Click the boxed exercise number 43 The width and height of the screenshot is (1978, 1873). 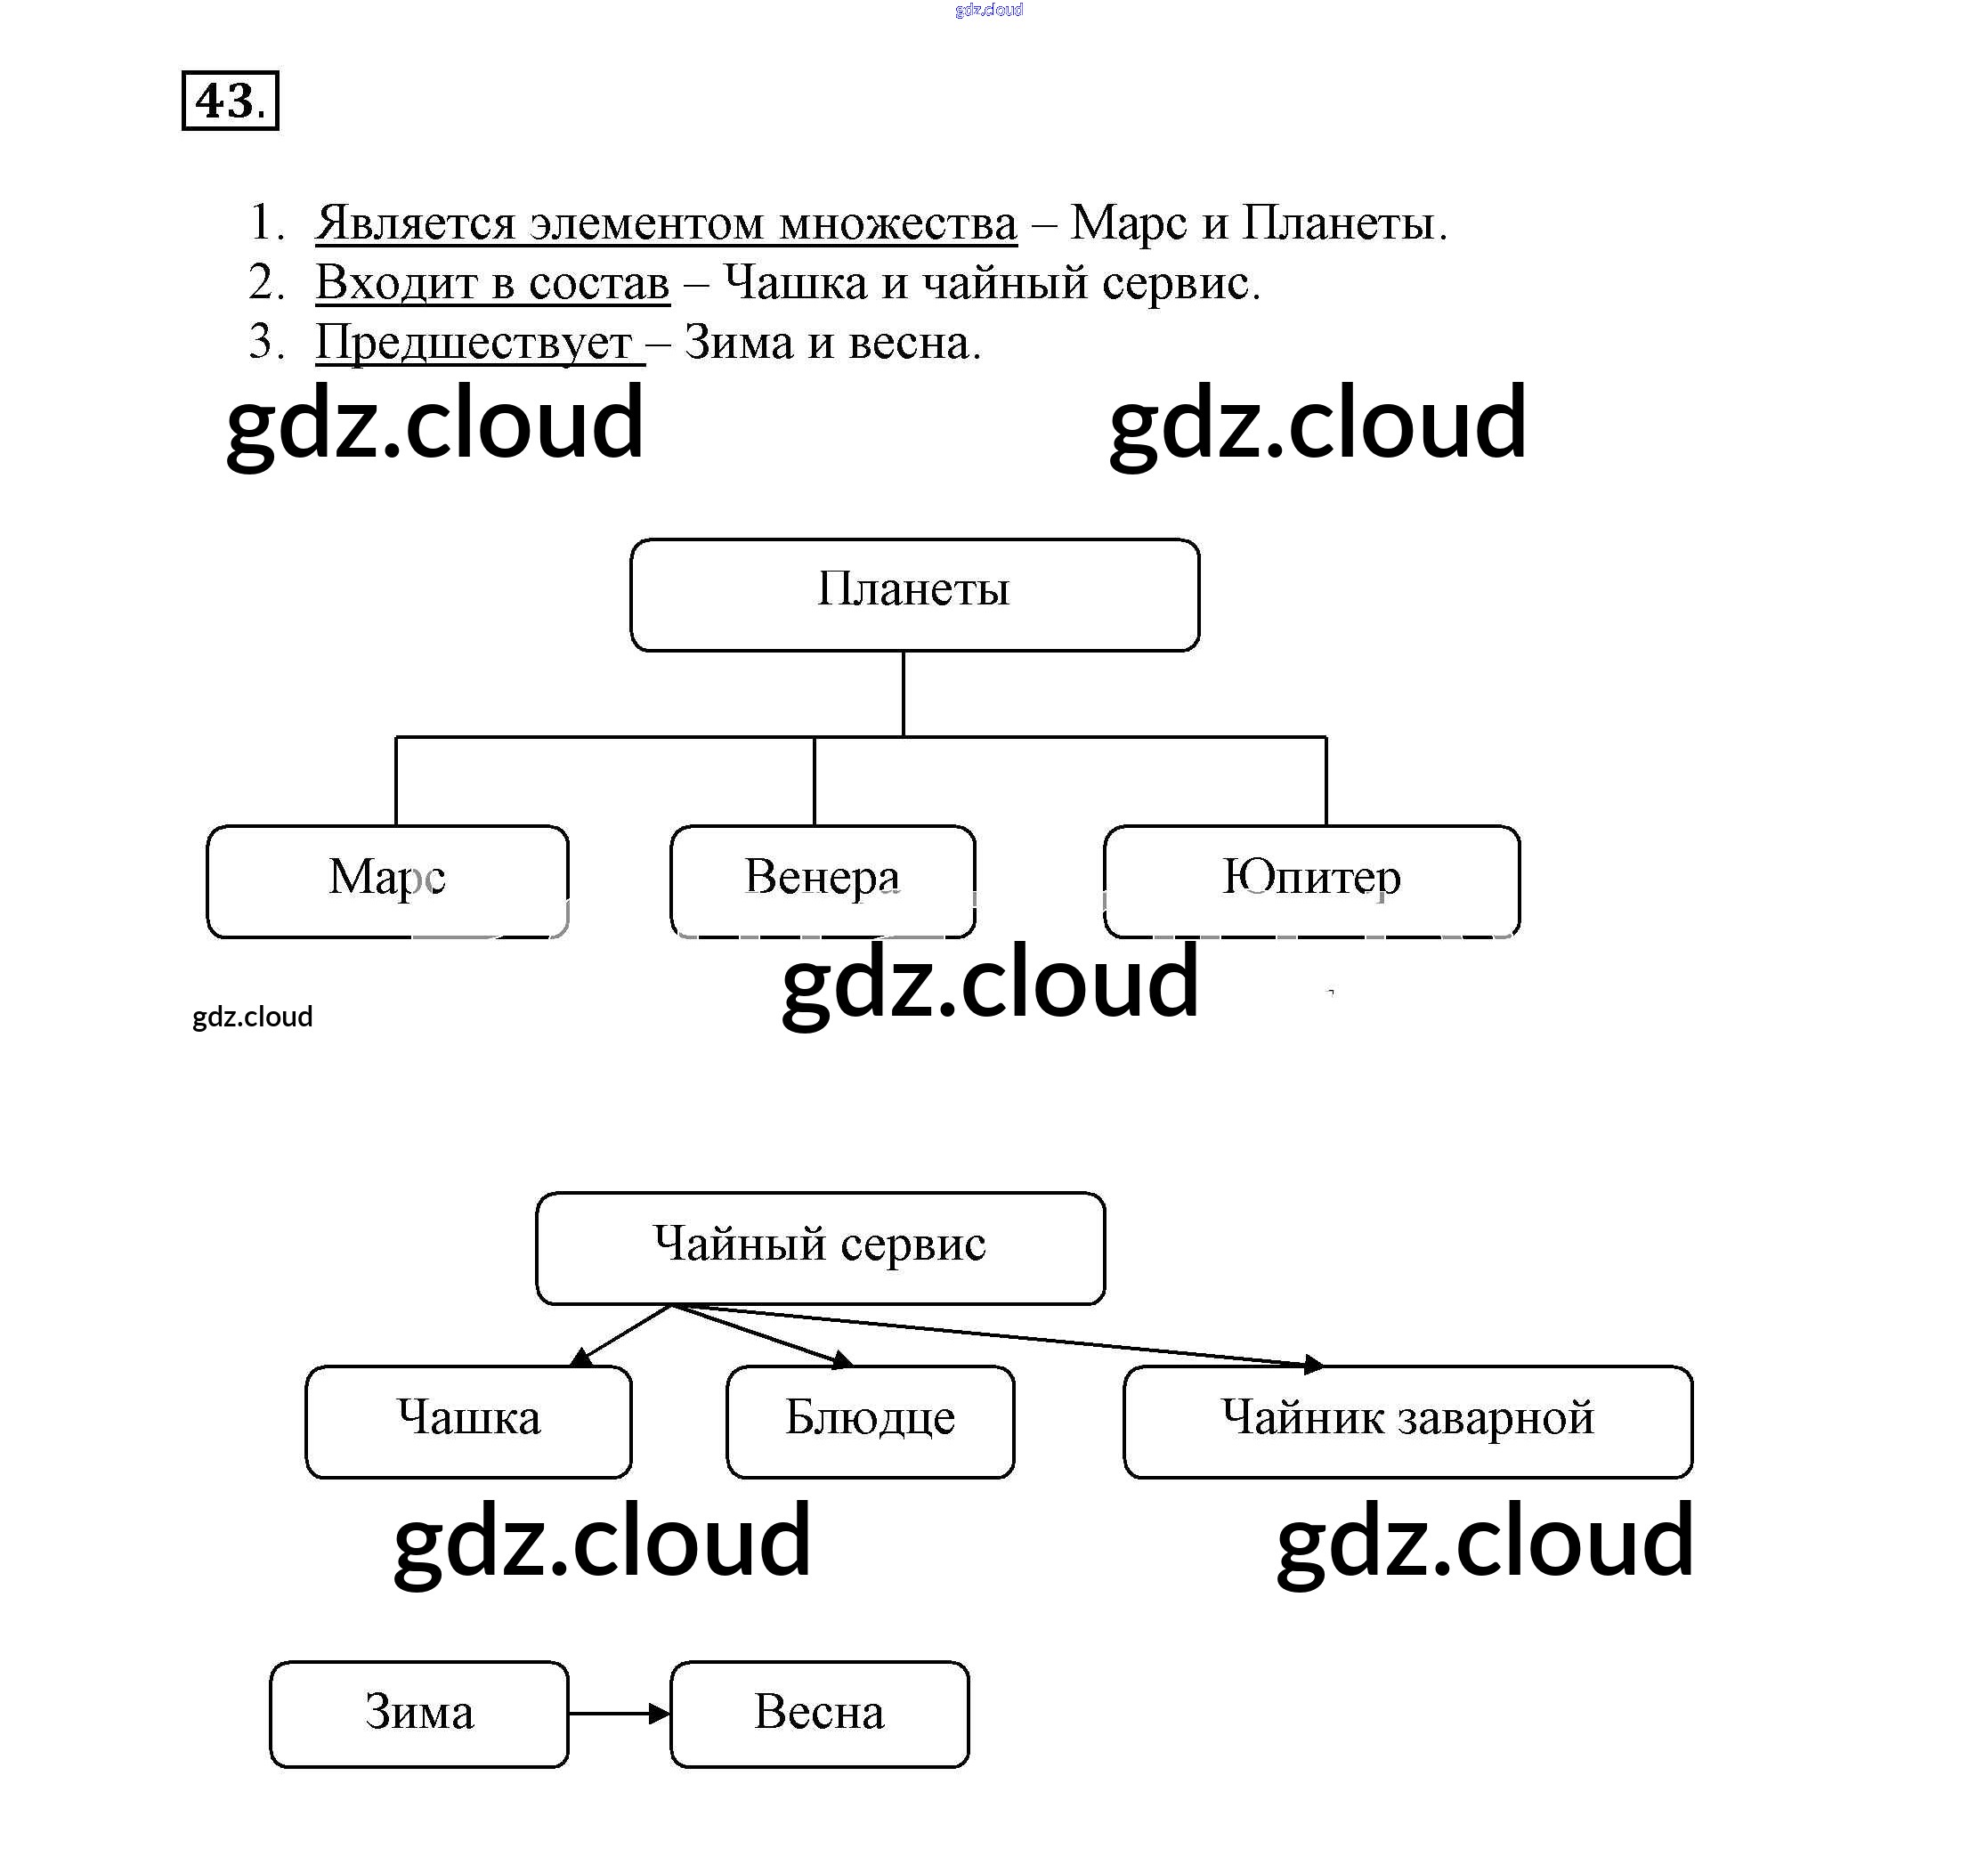click(230, 101)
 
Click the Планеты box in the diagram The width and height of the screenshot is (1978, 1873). click(913, 594)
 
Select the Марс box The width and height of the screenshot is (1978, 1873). click(387, 880)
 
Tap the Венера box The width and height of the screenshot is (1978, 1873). click(822, 880)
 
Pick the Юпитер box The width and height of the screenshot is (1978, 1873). click(1311, 880)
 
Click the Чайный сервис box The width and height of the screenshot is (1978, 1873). click(820, 1247)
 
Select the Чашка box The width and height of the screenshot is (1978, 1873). click(468, 1421)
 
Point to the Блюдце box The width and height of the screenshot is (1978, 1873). click(870, 1421)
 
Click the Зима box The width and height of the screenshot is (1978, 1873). click(418, 1714)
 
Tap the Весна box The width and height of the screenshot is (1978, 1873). click(819, 1714)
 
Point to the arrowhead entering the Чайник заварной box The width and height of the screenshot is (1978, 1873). click(1314, 1364)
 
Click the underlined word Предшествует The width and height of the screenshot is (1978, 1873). click(474, 344)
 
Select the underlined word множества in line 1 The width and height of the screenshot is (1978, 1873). click(897, 223)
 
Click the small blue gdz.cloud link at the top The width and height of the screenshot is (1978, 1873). click(988, 10)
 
